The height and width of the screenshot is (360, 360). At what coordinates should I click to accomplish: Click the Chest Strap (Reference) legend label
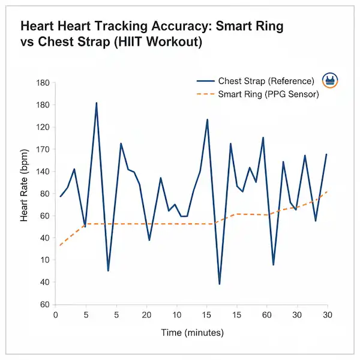click(x=266, y=81)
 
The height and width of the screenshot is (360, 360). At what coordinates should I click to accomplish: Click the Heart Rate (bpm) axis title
click(x=25, y=193)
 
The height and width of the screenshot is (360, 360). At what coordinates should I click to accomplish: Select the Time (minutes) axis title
click(x=192, y=332)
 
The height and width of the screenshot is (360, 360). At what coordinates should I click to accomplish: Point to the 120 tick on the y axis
click(x=42, y=127)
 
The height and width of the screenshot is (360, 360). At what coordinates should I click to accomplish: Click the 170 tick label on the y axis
click(x=42, y=149)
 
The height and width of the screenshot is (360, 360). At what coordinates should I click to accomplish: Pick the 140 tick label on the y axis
click(x=42, y=172)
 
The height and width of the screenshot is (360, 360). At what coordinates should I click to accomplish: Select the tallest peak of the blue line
click(x=96, y=103)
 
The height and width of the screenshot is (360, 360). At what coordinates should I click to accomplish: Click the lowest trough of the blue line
click(x=220, y=284)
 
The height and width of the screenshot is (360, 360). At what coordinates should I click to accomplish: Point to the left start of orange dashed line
click(x=60, y=245)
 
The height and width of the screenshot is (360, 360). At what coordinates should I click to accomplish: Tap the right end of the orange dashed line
click(x=327, y=191)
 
